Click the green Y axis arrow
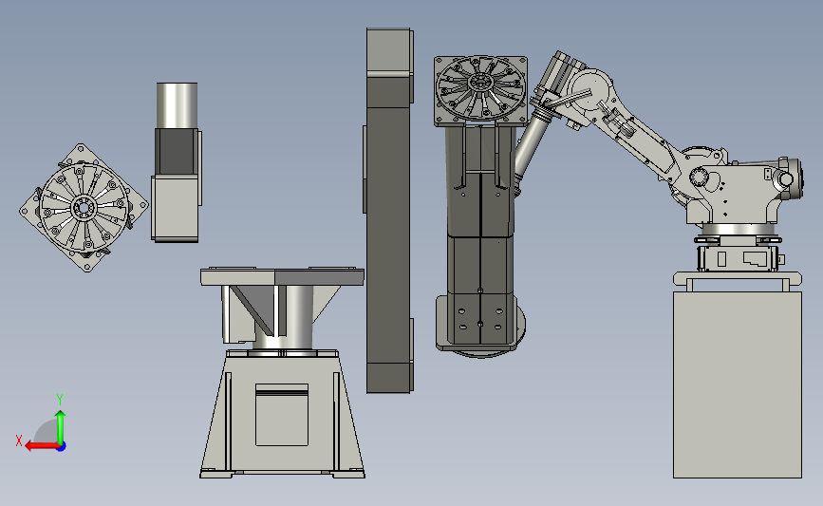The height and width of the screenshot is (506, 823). click(61, 428)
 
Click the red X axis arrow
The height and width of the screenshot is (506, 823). click(42, 446)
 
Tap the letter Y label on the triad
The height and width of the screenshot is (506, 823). click(60, 400)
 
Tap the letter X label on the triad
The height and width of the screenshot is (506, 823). click(19, 440)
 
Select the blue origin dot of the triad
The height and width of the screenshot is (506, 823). click(62, 446)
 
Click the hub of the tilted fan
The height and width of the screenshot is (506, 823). click(84, 208)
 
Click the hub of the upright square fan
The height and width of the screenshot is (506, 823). click(479, 83)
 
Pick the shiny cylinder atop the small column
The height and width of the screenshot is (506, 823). click(177, 105)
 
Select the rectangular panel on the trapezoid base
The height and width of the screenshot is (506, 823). click(282, 415)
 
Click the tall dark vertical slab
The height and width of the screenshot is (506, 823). click(389, 210)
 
